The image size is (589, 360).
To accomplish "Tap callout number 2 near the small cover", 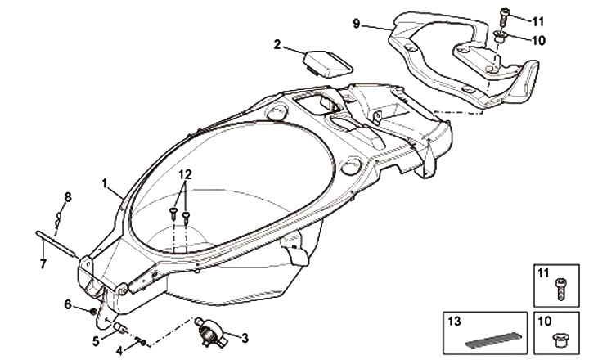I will point(277,43).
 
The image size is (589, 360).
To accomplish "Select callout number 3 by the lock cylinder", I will point(245,336).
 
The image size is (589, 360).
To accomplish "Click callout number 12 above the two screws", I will point(186,174).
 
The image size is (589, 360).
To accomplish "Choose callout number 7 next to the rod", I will point(43,263).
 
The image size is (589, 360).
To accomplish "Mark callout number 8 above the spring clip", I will point(68,196).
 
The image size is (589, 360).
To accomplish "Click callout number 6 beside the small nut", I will point(68,304).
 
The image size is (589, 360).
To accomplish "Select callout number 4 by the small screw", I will point(120,350).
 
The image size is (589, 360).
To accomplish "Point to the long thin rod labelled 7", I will point(56,245).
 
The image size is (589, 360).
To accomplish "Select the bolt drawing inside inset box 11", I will point(560,287).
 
